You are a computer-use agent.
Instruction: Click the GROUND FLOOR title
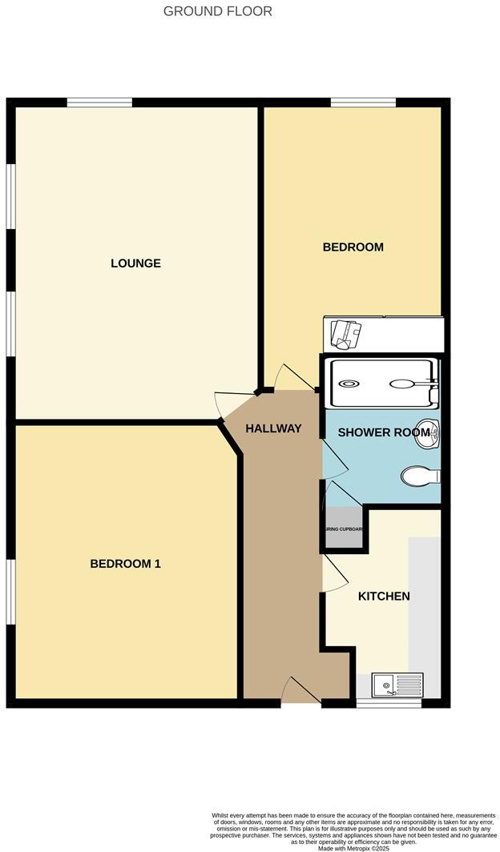[x=218, y=11]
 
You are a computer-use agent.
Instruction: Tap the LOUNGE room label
[x=135, y=263]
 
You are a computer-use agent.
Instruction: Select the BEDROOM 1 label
[x=125, y=564]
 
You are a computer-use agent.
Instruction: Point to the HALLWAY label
[x=273, y=428]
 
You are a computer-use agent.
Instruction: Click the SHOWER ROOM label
[x=384, y=432]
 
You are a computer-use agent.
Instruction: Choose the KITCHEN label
[x=384, y=597]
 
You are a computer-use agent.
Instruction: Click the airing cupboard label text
[x=344, y=529]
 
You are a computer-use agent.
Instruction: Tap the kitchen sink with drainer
[x=397, y=685]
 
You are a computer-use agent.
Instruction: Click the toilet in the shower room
[x=421, y=476]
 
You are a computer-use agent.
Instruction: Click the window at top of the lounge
[x=99, y=102]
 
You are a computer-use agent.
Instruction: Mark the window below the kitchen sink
[x=389, y=703]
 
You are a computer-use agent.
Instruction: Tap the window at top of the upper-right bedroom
[x=363, y=102]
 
